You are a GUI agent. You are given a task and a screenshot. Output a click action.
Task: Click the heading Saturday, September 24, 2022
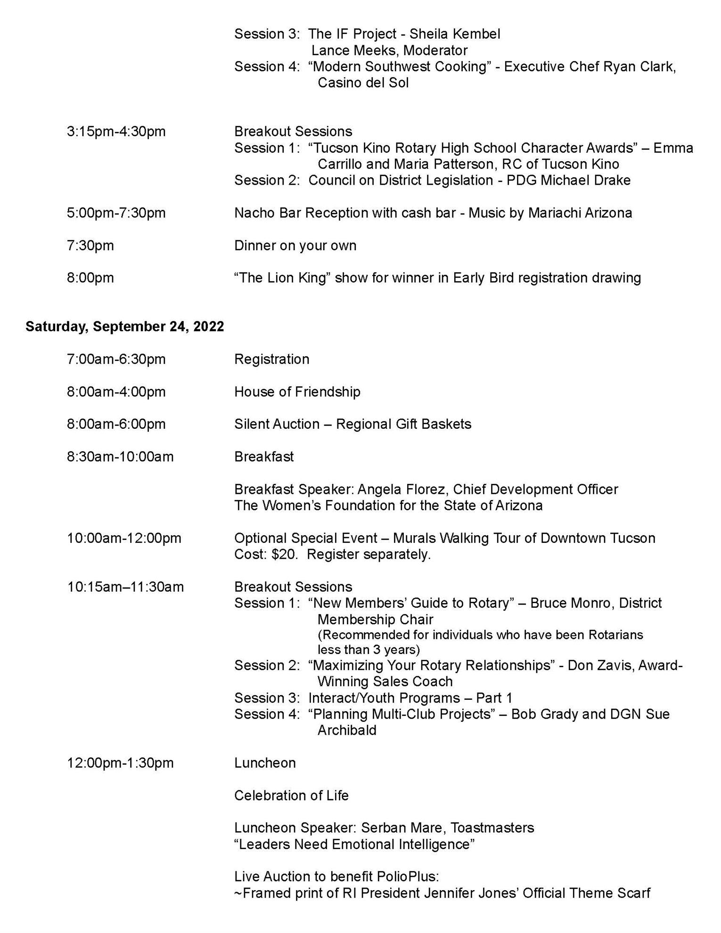pyautogui.click(x=124, y=327)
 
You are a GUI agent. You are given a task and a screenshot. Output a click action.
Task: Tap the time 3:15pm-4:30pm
pyautogui.click(x=116, y=131)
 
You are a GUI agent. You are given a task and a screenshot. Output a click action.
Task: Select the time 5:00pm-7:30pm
pyautogui.click(x=116, y=213)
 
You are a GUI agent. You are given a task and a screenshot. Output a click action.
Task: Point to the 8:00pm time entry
pyautogui.click(x=90, y=278)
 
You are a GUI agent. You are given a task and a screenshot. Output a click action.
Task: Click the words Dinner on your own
pyautogui.click(x=295, y=246)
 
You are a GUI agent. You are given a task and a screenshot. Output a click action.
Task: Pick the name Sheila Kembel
pyautogui.click(x=455, y=34)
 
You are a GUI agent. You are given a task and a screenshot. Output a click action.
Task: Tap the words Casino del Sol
pyautogui.click(x=363, y=83)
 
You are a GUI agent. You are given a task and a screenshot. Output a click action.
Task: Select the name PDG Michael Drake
pyautogui.click(x=568, y=180)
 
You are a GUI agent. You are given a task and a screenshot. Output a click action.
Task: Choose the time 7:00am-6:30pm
pyautogui.click(x=116, y=359)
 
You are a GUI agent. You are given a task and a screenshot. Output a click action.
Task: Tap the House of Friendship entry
pyautogui.click(x=297, y=392)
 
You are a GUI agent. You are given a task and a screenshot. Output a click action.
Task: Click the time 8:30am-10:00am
pyautogui.click(x=120, y=457)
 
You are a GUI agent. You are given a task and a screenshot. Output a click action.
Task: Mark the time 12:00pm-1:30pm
pyautogui.click(x=120, y=763)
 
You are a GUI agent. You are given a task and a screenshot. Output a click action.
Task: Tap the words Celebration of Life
pyautogui.click(x=291, y=795)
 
